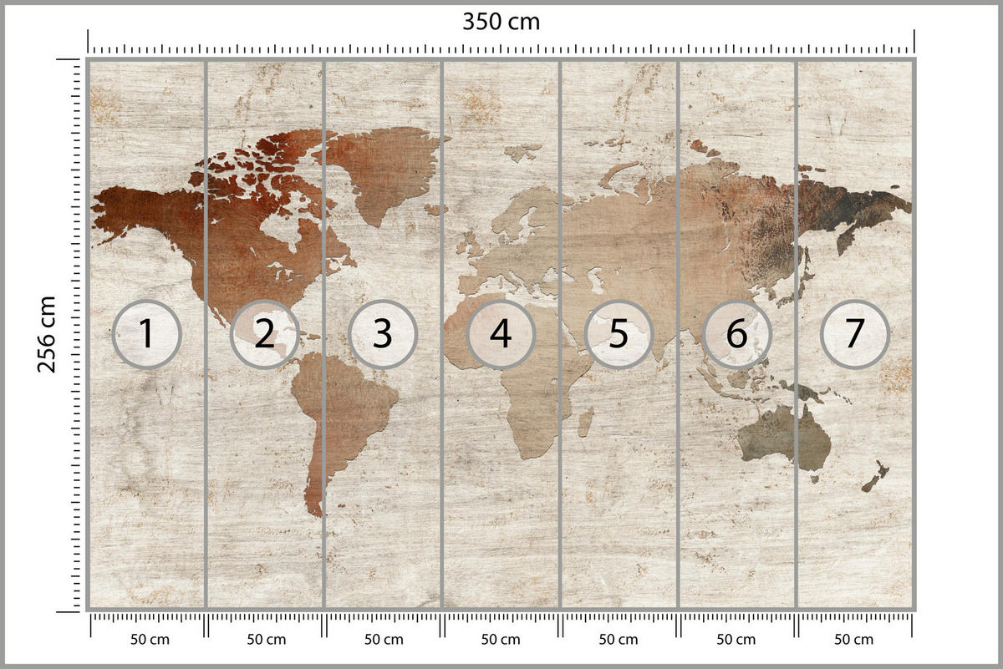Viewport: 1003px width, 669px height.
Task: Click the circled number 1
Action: (x=146, y=334)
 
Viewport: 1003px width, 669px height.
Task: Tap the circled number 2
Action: (x=264, y=334)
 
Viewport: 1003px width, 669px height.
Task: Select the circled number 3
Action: (x=382, y=334)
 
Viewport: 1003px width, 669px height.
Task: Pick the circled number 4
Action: (x=500, y=334)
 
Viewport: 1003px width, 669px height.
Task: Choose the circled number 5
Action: (x=618, y=334)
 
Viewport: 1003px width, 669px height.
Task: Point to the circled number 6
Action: (x=736, y=334)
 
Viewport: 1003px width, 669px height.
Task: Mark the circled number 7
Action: (x=854, y=334)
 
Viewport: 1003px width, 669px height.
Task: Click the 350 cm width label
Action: (x=501, y=22)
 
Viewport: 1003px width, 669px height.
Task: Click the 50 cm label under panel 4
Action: (x=501, y=640)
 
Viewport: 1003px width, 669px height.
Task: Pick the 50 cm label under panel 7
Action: (x=854, y=640)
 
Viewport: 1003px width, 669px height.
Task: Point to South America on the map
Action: (x=343, y=409)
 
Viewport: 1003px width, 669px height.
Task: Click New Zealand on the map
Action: (x=875, y=477)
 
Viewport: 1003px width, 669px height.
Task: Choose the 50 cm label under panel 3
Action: (x=384, y=640)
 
